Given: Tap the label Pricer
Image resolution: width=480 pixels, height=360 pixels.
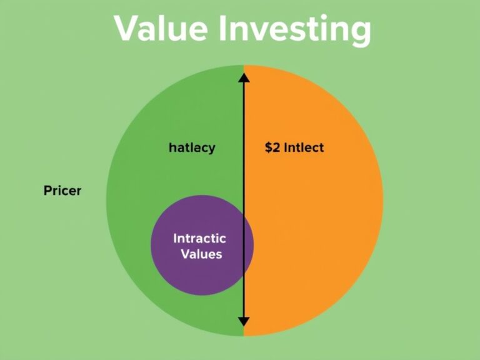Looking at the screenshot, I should click(x=62, y=191).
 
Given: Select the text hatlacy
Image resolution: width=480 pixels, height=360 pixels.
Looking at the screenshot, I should click(x=192, y=148).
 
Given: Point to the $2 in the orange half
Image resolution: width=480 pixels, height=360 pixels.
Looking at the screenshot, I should click(x=272, y=148).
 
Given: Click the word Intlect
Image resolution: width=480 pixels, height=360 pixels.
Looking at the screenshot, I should click(x=304, y=148).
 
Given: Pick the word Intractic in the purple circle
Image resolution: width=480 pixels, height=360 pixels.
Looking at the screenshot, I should click(x=199, y=239).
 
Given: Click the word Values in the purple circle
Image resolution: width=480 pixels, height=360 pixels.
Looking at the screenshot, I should click(x=201, y=254).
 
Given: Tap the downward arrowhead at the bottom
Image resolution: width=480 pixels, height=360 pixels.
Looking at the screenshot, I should click(x=244, y=322).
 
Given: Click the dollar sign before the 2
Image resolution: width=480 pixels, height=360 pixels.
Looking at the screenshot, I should click(x=267, y=148).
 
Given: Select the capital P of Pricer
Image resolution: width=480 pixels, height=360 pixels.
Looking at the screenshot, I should click(x=47, y=191).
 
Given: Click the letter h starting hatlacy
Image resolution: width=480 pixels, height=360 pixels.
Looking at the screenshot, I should click(x=171, y=148).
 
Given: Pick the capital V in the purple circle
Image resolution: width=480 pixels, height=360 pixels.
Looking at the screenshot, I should click(x=184, y=254).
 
